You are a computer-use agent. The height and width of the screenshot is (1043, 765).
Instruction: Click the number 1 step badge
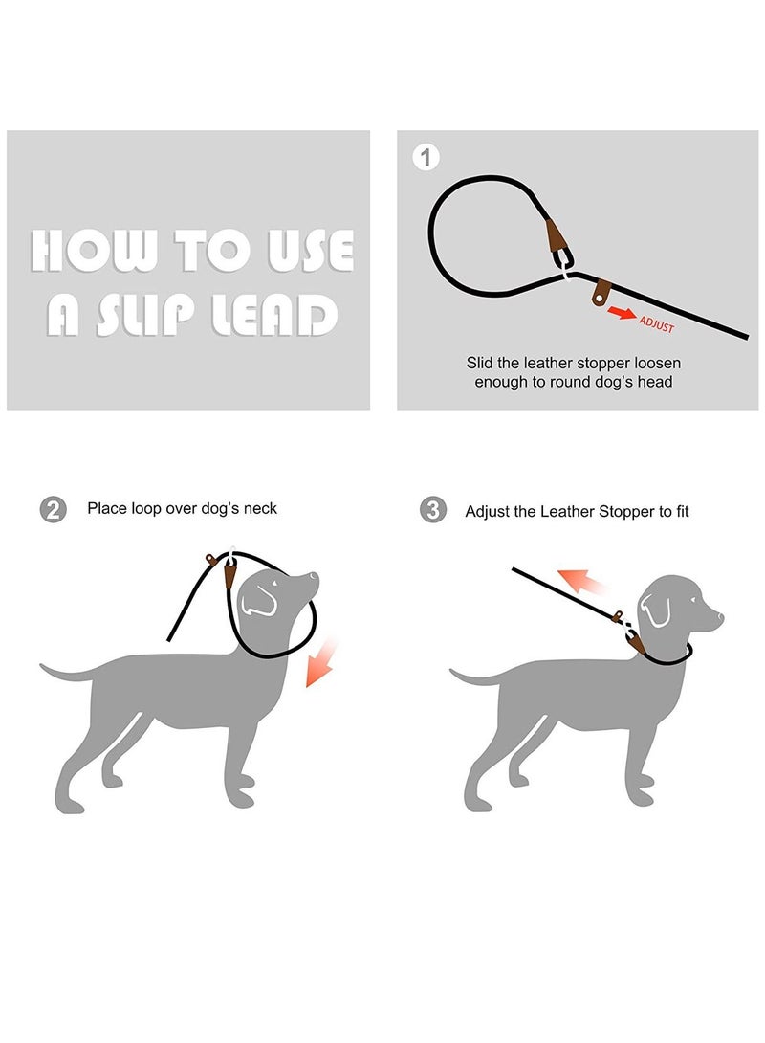(426, 157)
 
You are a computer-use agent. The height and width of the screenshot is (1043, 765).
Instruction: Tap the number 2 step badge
(53, 509)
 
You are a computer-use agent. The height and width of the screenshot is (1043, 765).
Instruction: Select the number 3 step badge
(433, 510)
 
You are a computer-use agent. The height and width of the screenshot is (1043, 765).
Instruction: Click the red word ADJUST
(657, 325)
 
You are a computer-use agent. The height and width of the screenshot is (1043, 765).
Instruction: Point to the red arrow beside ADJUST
(622, 313)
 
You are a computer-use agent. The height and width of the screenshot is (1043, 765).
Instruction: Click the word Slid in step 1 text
(480, 364)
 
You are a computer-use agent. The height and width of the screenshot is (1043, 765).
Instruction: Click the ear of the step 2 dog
(258, 597)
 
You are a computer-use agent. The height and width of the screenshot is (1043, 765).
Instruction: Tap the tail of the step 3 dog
(469, 677)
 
